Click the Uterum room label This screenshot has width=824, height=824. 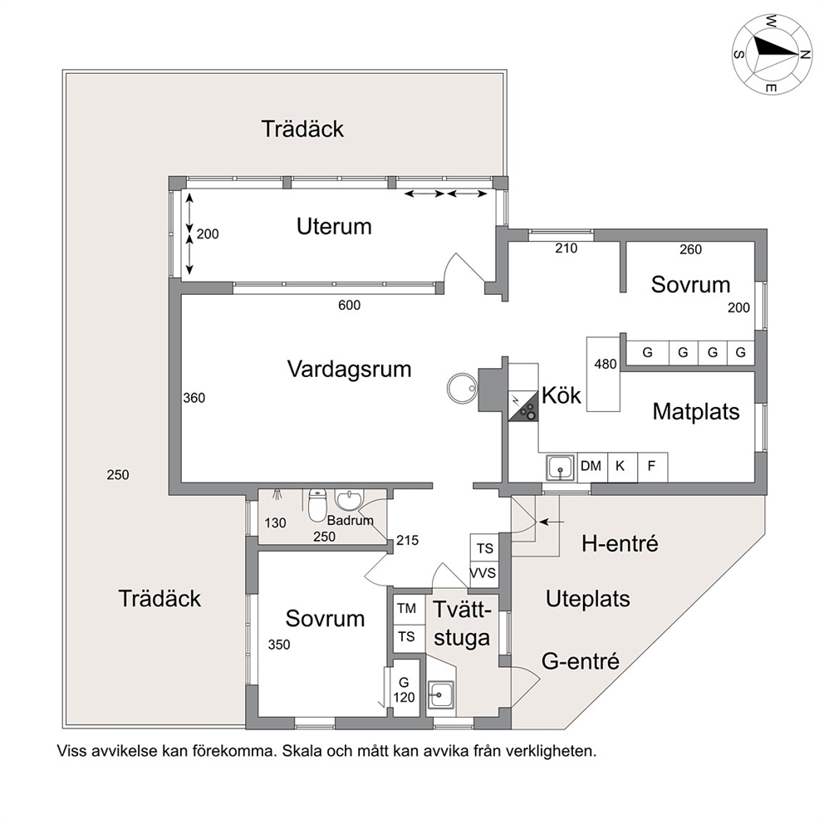pos(334,226)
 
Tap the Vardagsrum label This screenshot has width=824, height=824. pos(350,368)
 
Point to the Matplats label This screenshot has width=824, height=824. pos(695,411)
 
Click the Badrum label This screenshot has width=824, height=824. pos(350,521)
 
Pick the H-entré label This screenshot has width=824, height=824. pos(620,544)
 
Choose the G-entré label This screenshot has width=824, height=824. pos(581,662)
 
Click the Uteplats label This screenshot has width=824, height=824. pos(587,598)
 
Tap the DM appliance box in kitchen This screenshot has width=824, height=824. pos(591,466)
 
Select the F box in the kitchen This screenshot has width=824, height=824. pos(652,466)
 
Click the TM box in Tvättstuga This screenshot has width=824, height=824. pos(406,608)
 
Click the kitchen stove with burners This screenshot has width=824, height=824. pos(523,406)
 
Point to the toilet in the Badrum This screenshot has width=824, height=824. pos(316,506)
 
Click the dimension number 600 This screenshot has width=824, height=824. pos(349,305)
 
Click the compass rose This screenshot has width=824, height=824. pos(771,53)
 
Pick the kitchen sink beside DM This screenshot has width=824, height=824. pos(561,468)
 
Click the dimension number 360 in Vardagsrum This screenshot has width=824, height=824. pos(194,398)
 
